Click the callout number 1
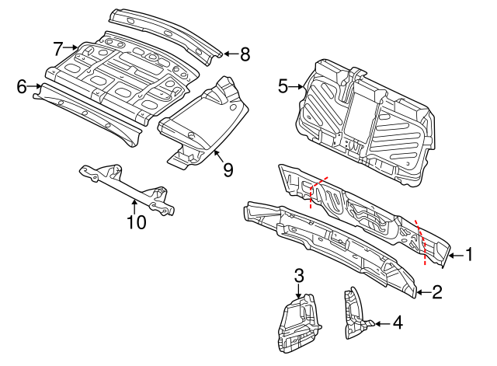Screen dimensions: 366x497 468,254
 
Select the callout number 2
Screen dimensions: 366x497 436,292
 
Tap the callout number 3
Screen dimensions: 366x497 299,274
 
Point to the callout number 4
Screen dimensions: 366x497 397,321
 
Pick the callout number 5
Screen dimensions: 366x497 283,86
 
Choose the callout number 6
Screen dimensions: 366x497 22,86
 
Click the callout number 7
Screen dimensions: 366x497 58,48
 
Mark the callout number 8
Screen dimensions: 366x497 245,54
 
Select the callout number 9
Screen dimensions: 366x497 228,169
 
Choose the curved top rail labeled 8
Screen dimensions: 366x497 167,31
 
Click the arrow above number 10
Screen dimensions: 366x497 135,206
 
